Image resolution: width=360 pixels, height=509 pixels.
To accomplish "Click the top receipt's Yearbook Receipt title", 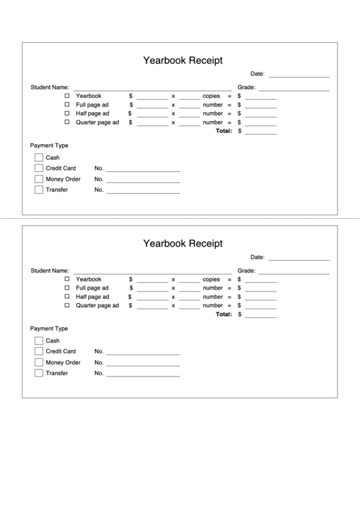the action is pyautogui.click(x=183, y=60).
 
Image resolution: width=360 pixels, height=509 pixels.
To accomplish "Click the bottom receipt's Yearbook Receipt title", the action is pyautogui.click(x=183, y=243).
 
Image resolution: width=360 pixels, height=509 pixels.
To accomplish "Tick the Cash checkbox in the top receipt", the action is pyautogui.click(x=39, y=157).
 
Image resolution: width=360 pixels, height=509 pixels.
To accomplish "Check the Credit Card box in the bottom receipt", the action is pyautogui.click(x=39, y=351).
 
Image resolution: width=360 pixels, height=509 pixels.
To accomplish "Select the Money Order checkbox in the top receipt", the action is pyautogui.click(x=39, y=179).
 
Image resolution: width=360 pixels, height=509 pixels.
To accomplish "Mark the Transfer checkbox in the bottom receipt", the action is pyautogui.click(x=39, y=373).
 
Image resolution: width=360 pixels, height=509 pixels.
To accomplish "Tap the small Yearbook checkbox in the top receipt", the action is pyautogui.click(x=67, y=96).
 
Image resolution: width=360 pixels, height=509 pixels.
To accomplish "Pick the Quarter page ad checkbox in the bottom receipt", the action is pyautogui.click(x=67, y=305).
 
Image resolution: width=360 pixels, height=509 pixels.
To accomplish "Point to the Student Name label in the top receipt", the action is pyautogui.click(x=50, y=88).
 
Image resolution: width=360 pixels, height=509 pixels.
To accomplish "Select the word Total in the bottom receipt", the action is pyautogui.click(x=223, y=315).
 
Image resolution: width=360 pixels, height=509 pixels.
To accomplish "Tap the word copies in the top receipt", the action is pyautogui.click(x=211, y=96).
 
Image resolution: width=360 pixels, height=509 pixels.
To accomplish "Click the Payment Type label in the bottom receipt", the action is pyautogui.click(x=49, y=328).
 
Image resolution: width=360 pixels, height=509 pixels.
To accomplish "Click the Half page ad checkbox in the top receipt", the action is pyautogui.click(x=67, y=113).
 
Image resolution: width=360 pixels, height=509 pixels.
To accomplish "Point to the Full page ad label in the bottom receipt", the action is pyautogui.click(x=92, y=288).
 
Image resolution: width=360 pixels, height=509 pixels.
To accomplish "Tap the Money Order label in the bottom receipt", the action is pyautogui.click(x=63, y=362).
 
